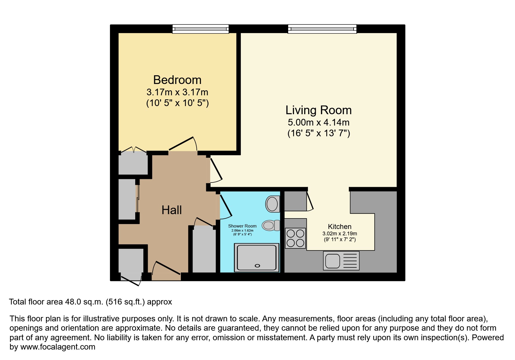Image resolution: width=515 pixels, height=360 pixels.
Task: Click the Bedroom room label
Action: click(x=177, y=80)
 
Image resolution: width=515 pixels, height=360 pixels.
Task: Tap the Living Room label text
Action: click(x=318, y=110)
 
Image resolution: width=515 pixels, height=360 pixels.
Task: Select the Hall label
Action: click(x=172, y=210)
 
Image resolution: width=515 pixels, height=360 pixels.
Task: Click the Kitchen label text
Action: click(x=339, y=227)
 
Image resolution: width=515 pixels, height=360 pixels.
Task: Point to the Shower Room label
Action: click(x=242, y=226)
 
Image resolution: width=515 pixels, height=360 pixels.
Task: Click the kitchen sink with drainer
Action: click(x=341, y=261)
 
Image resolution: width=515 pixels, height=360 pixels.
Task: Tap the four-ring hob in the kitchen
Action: click(x=295, y=238)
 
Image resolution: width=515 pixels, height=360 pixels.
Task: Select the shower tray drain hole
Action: click(x=257, y=266)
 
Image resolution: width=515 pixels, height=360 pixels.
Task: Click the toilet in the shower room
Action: click(x=271, y=225)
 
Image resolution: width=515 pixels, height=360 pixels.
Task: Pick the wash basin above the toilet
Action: click(x=273, y=204)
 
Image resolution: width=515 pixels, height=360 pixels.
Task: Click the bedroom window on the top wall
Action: click(x=200, y=29)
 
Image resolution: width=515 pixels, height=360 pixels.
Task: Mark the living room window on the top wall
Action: click(x=322, y=29)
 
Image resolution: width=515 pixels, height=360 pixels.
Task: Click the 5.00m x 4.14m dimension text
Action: click(x=318, y=122)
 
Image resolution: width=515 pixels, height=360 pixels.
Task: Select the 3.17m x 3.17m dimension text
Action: click(x=177, y=92)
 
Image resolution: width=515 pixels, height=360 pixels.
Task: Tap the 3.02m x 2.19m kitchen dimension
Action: click(x=339, y=234)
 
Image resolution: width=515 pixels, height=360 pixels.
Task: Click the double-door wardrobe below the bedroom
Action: click(x=133, y=163)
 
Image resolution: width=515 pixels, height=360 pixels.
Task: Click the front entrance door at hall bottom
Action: click(x=167, y=268)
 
